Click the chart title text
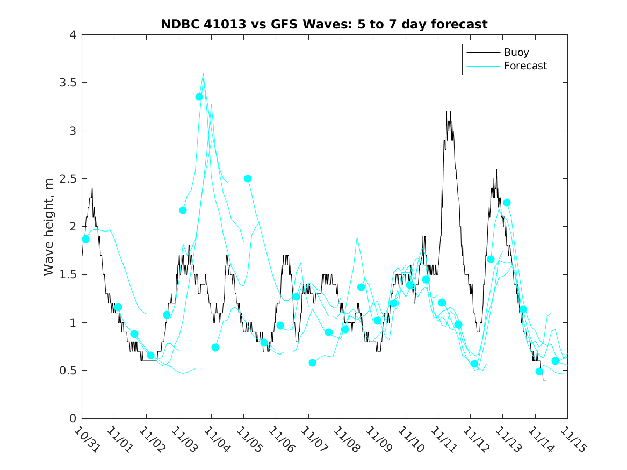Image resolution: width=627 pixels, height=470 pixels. point(324,24)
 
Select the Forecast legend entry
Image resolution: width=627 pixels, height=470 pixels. point(525,66)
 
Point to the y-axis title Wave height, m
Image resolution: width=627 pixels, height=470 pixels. point(49,227)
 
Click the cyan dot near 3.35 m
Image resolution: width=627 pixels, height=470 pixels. point(199,97)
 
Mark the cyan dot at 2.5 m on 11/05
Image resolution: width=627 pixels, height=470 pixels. point(248,179)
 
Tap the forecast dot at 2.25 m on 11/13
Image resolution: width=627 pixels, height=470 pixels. point(507,203)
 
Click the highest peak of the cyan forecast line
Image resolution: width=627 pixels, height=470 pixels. point(203,74)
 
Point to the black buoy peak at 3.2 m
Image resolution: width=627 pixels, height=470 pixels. point(447,112)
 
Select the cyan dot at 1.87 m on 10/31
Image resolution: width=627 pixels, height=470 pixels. point(85,239)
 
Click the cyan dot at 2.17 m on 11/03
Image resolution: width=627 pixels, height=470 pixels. point(183,210)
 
